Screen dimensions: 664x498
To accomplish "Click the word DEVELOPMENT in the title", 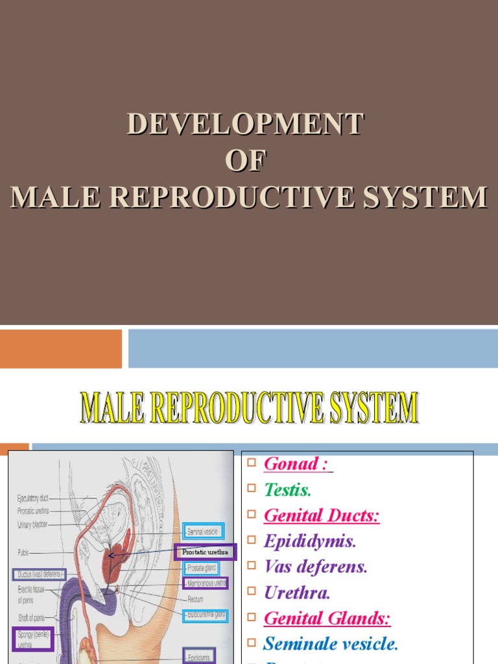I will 246,124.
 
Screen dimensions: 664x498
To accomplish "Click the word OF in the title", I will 246,160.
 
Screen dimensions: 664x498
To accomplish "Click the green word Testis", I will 288,490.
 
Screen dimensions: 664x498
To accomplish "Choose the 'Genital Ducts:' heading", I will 322,516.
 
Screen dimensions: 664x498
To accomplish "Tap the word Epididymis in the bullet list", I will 310,541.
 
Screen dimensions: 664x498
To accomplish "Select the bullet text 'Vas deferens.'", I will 316,567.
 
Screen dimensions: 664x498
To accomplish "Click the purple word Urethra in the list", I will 298,593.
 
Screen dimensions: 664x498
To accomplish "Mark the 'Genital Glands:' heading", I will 327,619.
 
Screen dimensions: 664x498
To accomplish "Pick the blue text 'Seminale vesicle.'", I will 331,644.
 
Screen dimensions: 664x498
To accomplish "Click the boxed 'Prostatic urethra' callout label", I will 206,552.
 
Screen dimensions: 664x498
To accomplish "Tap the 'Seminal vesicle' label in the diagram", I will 204,532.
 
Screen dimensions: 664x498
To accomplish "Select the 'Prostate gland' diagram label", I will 202,568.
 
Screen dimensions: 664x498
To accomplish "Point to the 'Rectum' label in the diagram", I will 196,599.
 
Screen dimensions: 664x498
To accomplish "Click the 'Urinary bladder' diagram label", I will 32,525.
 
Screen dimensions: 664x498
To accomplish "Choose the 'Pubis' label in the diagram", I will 23,552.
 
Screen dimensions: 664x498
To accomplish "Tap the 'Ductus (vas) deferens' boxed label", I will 39,575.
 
